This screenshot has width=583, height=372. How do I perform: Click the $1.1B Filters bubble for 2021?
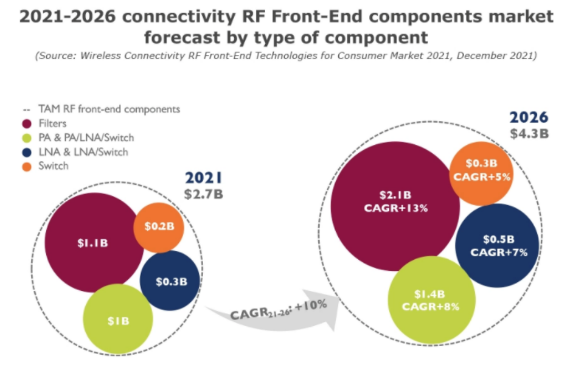pyautogui.click(x=94, y=243)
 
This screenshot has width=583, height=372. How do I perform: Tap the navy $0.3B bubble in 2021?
pyautogui.click(x=170, y=281)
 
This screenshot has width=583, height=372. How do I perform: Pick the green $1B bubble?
pyautogui.click(x=118, y=319)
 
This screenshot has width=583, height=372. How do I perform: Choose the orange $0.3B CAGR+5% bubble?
pyautogui.click(x=482, y=171)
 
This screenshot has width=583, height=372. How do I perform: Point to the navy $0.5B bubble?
pyautogui.click(x=497, y=246)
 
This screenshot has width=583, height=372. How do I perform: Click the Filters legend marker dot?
pyautogui.click(x=26, y=124)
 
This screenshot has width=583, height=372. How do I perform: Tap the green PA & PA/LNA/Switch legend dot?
pyautogui.click(x=26, y=139)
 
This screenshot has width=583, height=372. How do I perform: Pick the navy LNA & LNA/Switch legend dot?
pyautogui.click(x=26, y=153)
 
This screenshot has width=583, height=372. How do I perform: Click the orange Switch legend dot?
pyautogui.click(x=26, y=167)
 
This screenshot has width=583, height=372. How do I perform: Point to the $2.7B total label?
pyautogui.click(x=203, y=194)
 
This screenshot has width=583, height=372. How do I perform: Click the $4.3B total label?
pyautogui.click(x=529, y=133)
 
